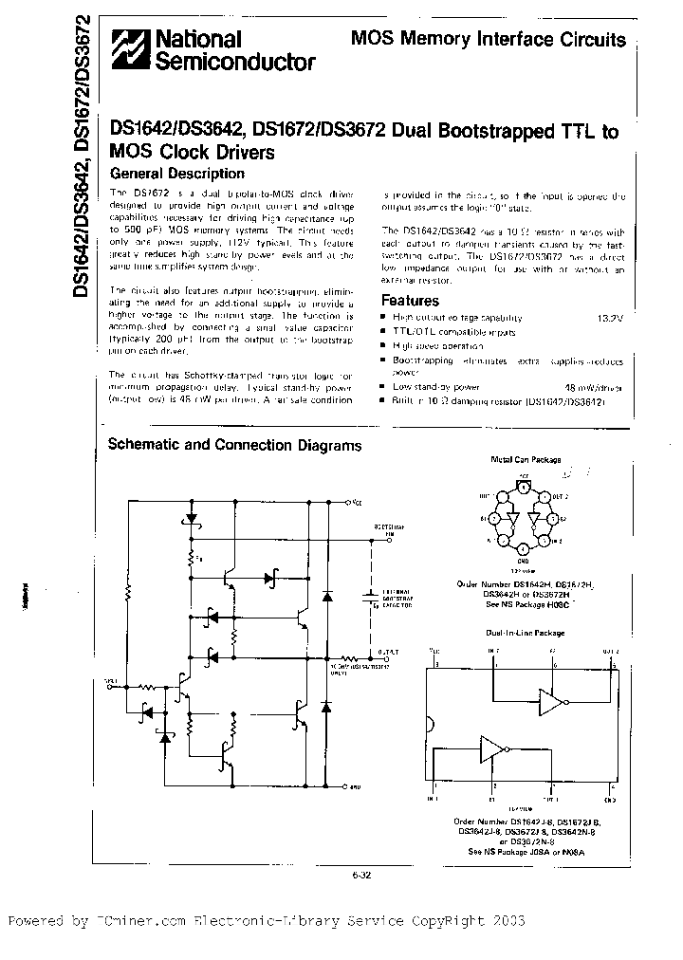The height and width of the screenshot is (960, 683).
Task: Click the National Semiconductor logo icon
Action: tap(130, 50)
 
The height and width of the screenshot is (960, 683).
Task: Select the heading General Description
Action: tap(177, 175)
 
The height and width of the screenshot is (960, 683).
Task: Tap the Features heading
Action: tap(409, 301)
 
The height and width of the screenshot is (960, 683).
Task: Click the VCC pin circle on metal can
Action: tap(523, 488)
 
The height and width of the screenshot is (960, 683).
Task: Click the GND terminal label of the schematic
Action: tap(355, 787)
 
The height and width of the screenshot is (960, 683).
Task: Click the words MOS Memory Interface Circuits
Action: tap(489, 40)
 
